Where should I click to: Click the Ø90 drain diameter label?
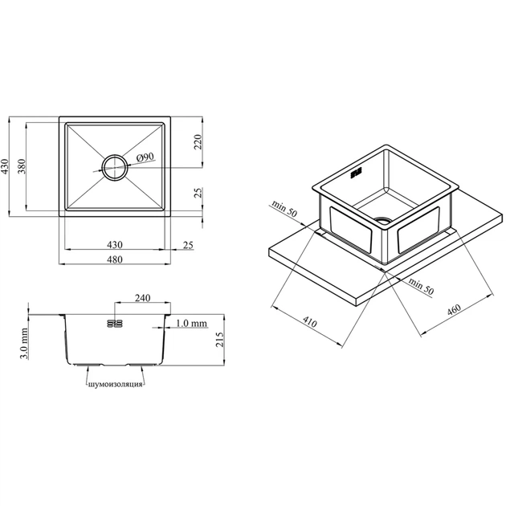click(x=145, y=157)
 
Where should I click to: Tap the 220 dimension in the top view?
click(x=198, y=141)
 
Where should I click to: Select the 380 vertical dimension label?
click(x=22, y=166)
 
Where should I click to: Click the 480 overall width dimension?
click(x=115, y=259)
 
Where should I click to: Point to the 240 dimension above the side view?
click(x=142, y=297)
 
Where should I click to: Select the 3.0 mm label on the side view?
click(x=23, y=343)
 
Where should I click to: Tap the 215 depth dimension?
click(x=219, y=339)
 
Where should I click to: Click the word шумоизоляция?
click(x=115, y=384)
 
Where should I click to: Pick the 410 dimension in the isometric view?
click(x=310, y=321)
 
